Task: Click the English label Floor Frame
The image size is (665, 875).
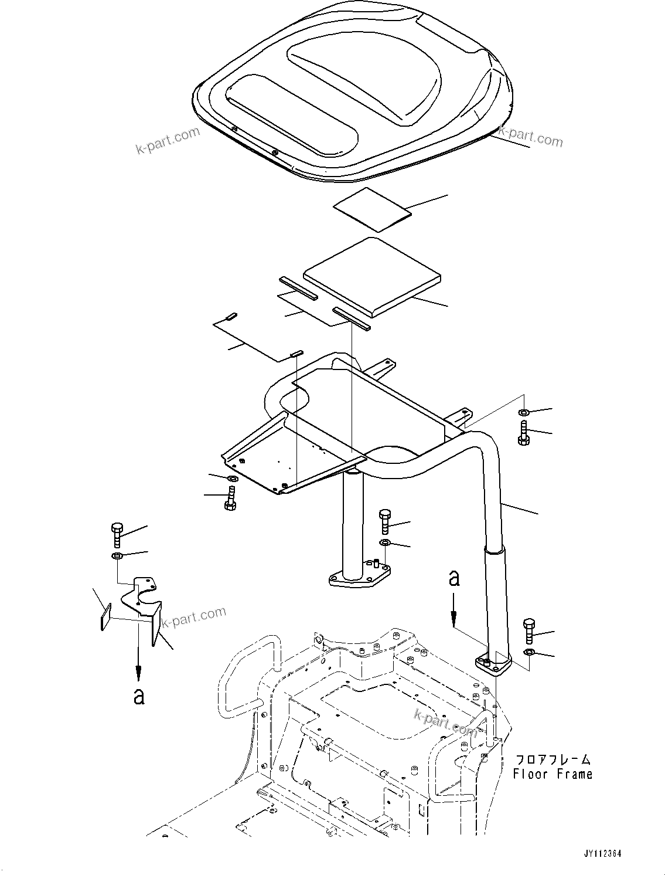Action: [x=552, y=774]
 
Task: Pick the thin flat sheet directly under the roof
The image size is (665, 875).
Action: [x=371, y=209]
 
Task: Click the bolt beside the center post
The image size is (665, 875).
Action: [x=384, y=521]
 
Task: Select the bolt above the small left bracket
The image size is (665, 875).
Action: [x=116, y=534]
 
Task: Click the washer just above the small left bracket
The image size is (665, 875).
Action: [x=116, y=555]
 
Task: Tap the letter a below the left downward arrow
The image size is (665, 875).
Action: [x=138, y=696]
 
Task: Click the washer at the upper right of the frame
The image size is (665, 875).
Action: [x=523, y=413]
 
